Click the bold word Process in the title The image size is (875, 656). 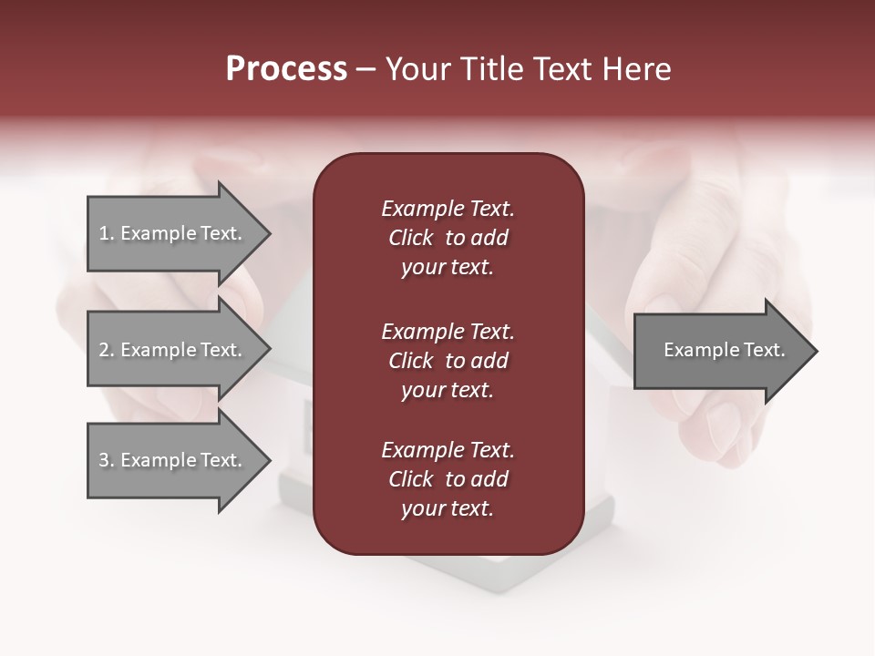(286, 69)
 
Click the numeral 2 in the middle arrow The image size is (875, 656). (104, 350)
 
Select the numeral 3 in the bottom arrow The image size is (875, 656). (104, 460)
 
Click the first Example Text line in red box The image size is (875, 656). (448, 209)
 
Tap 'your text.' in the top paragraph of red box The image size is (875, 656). (448, 268)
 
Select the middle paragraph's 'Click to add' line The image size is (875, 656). (448, 361)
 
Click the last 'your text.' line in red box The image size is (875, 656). (448, 509)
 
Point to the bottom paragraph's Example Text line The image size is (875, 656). (448, 450)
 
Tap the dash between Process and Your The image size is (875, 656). (365, 70)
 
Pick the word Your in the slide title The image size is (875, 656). (417, 69)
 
